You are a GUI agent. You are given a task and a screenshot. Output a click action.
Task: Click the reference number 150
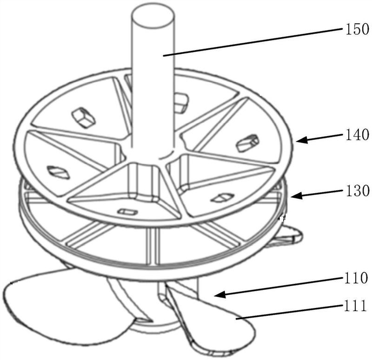point(357,30)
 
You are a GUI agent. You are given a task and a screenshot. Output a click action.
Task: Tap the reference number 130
point(358,190)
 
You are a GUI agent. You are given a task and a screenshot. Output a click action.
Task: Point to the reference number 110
point(356,278)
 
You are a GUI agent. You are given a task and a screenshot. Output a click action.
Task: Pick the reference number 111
point(355,306)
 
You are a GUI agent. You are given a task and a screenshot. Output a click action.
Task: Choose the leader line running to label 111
point(289,313)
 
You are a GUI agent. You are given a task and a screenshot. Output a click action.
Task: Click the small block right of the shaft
point(181,102)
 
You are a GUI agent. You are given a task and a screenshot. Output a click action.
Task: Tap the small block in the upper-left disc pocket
point(84,118)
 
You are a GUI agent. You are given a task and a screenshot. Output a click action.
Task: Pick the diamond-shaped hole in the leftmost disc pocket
point(59,172)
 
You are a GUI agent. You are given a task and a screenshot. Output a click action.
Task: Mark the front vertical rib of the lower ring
point(152,247)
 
